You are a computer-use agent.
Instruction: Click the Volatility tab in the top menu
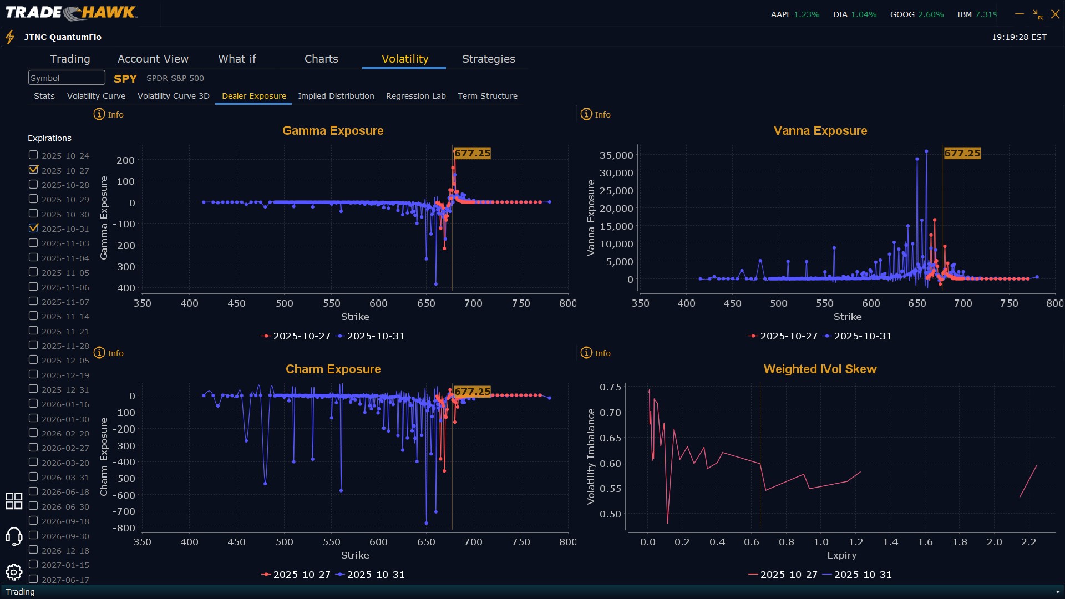pos(404,59)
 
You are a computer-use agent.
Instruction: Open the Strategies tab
pos(488,59)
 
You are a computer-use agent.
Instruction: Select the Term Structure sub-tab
pos(487,96)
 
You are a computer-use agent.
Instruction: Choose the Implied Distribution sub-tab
pos(336,96)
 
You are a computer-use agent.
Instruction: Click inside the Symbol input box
pos(67,78)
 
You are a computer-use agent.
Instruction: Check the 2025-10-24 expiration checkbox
pos(33,155)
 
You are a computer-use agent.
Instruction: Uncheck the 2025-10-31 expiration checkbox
pos(33,228)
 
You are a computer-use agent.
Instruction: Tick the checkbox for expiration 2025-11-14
pos(33,316)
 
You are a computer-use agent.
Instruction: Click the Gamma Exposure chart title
pos(333,131)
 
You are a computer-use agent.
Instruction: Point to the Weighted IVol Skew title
pos(820,369)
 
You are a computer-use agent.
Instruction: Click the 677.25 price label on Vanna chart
pos(962,153)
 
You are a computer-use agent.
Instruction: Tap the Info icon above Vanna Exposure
pos(586,114)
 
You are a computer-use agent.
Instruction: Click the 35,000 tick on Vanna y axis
pos(616,155)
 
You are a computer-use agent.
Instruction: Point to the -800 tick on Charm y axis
pos(124,528)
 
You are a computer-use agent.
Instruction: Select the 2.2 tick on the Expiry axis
pos(1028,542)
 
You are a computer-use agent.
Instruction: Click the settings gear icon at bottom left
pos(14,572)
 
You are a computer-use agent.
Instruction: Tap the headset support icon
pos(14,536)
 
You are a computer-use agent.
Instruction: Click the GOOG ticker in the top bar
pos(902,14)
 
